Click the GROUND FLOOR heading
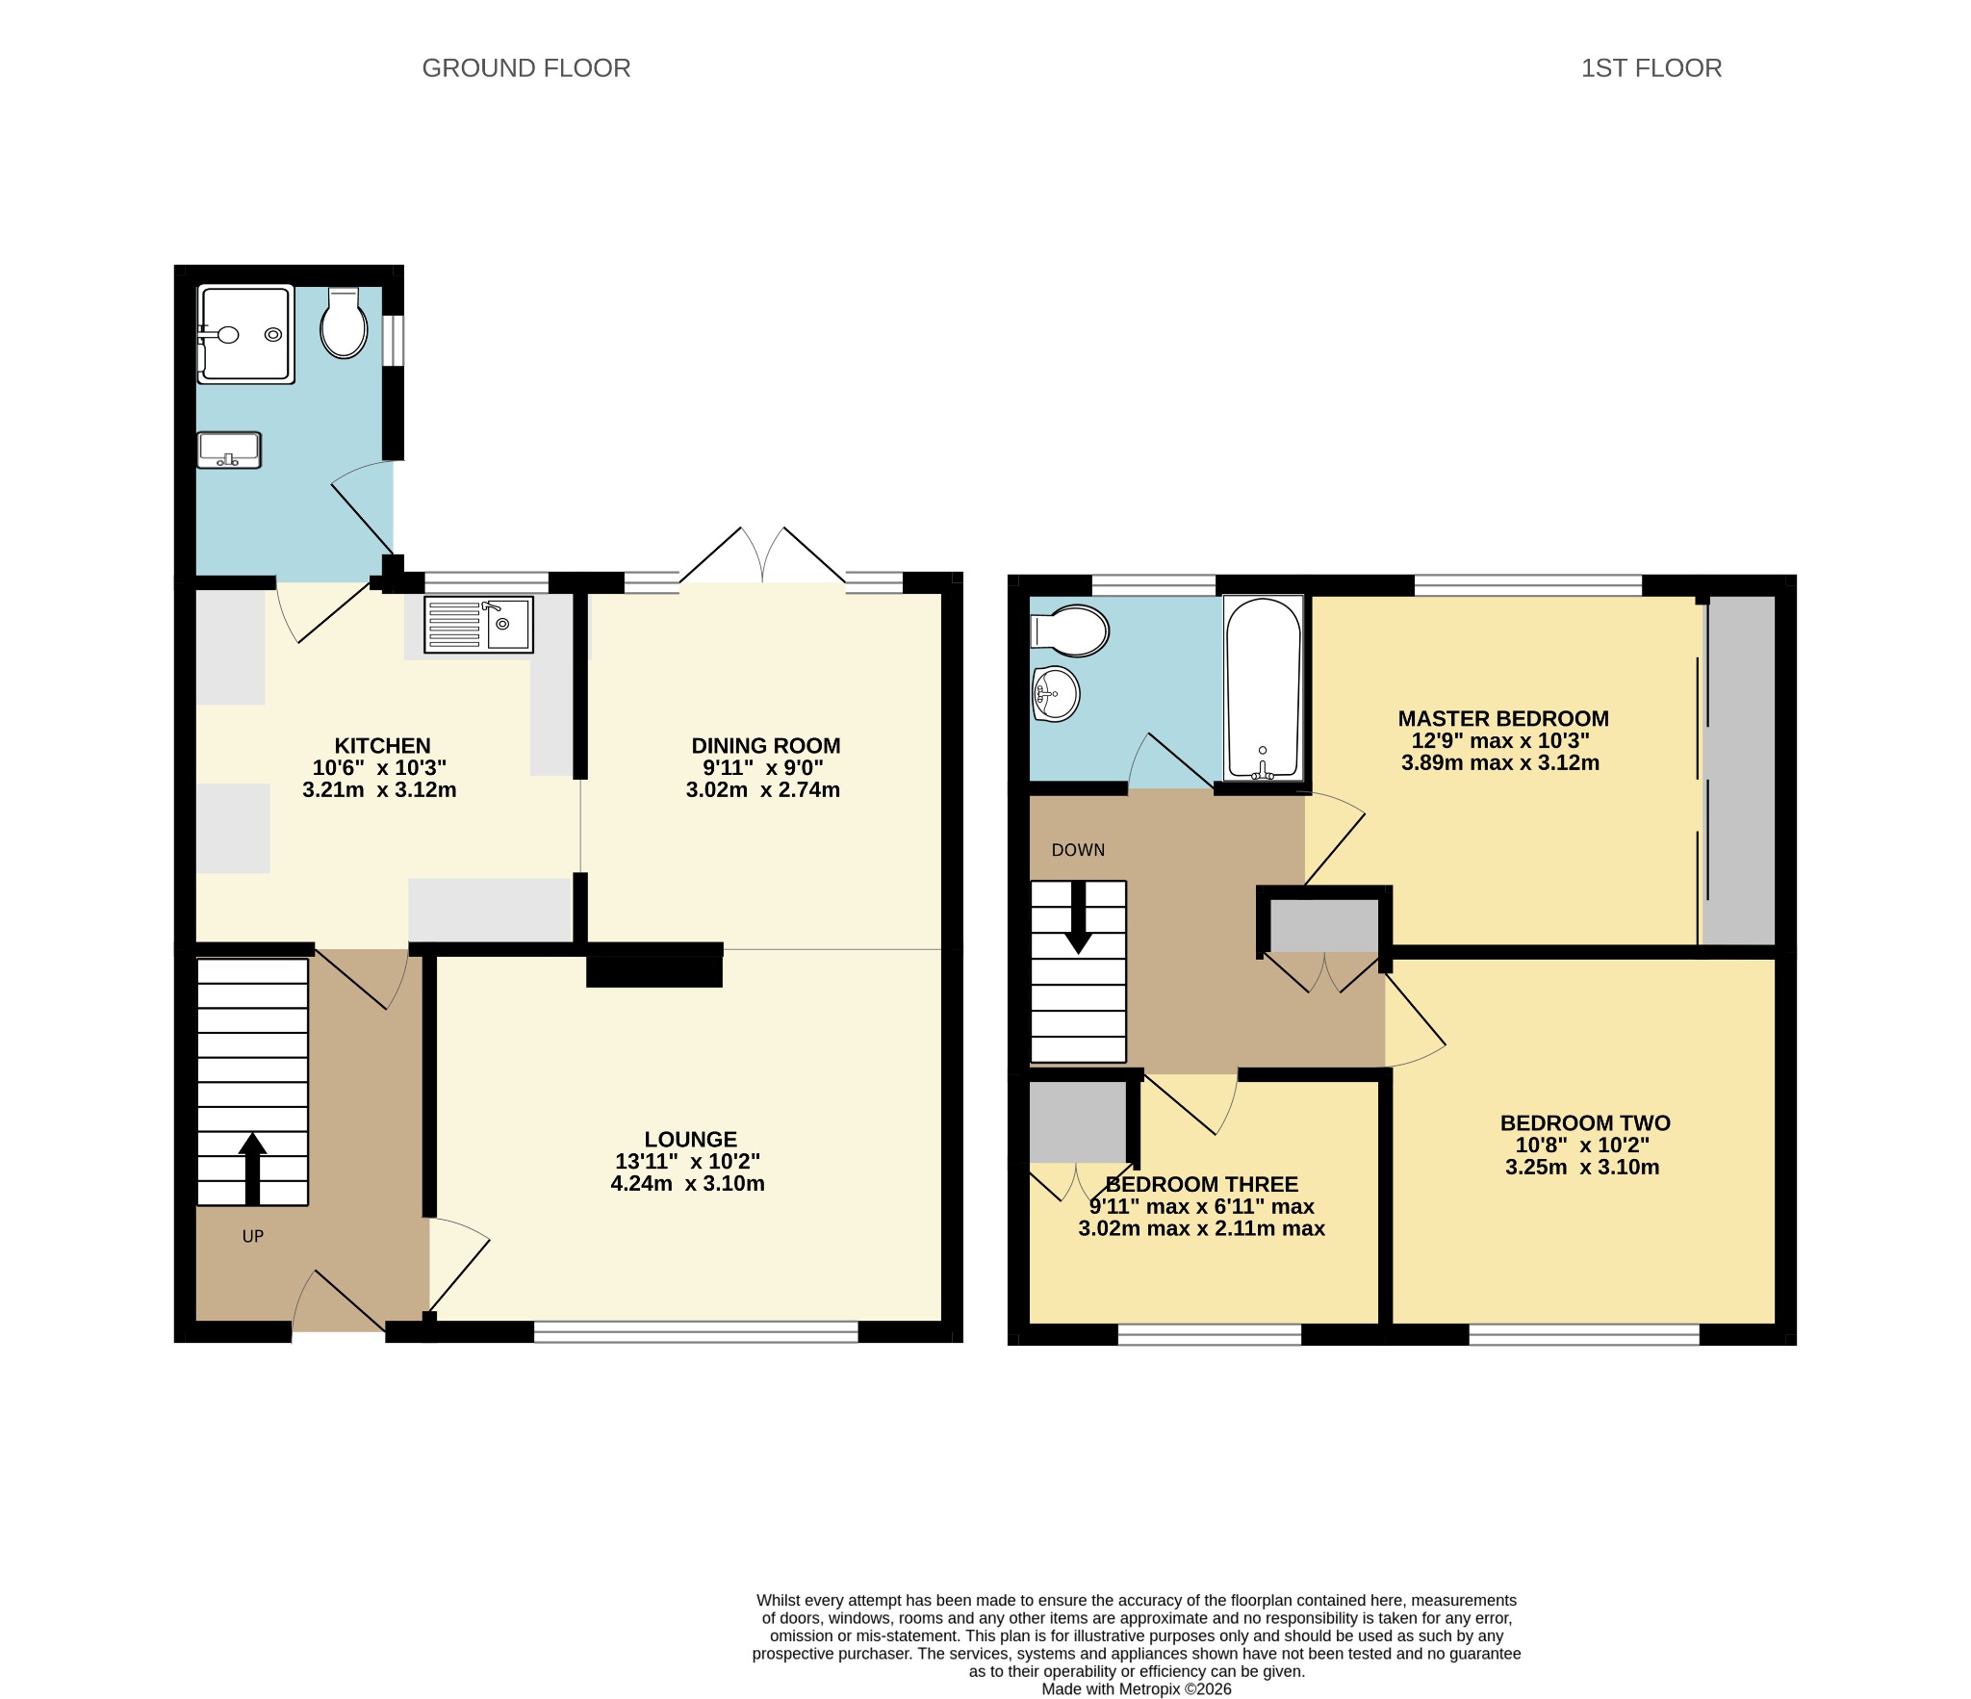(x=526, y=68)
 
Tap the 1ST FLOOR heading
(x=1651, y=68)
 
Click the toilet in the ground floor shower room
(x=344, y=323)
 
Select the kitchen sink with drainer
(x=478, y=625)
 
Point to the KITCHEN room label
(x=382, y=746)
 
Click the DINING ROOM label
(x=766, y=746)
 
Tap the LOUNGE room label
(x=691, y=1140)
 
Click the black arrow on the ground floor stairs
(x=252, y=1169)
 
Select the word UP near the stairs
(x=253, y=1237)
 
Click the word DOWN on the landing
(x=1078, y=850)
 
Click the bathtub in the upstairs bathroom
(x=1263, y=687)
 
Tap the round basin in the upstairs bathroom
(x=1056, y=693)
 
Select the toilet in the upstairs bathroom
(x=1070, y=631)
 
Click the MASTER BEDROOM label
(x=1503, y=719)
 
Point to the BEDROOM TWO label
(x=1585, y=1123)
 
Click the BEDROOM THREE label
(x=1202, y=1185)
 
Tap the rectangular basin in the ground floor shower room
(x=229, y=450)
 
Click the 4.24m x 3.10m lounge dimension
(x=688, y=1184)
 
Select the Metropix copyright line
(x=1137, y=1688)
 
